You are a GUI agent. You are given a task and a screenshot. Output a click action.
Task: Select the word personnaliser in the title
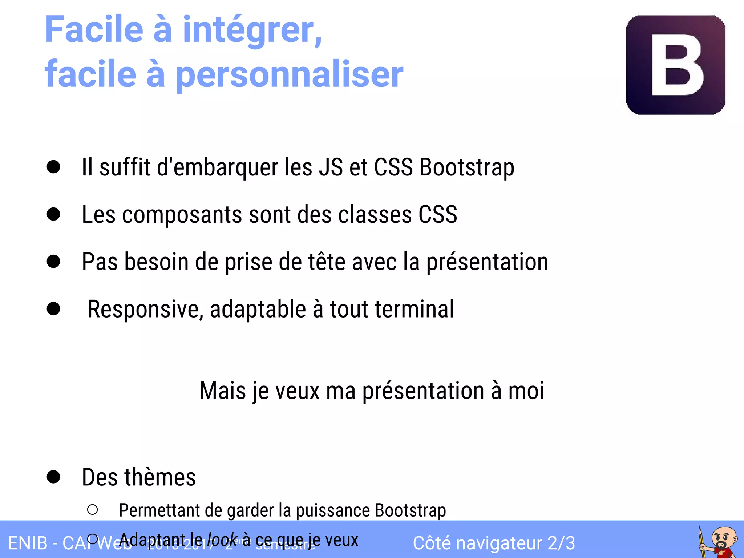[289, 74]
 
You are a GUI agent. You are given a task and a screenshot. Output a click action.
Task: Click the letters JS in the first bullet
[331, 167]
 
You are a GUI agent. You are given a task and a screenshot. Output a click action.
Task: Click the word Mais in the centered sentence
[223, 391]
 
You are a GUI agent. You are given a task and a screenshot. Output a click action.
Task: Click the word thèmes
[160, 477]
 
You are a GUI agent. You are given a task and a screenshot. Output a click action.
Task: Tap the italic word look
[222, 540]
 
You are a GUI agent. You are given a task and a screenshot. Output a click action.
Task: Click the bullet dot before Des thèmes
[53, 477]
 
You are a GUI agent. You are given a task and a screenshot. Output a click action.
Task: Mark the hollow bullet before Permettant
[93, 510]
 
